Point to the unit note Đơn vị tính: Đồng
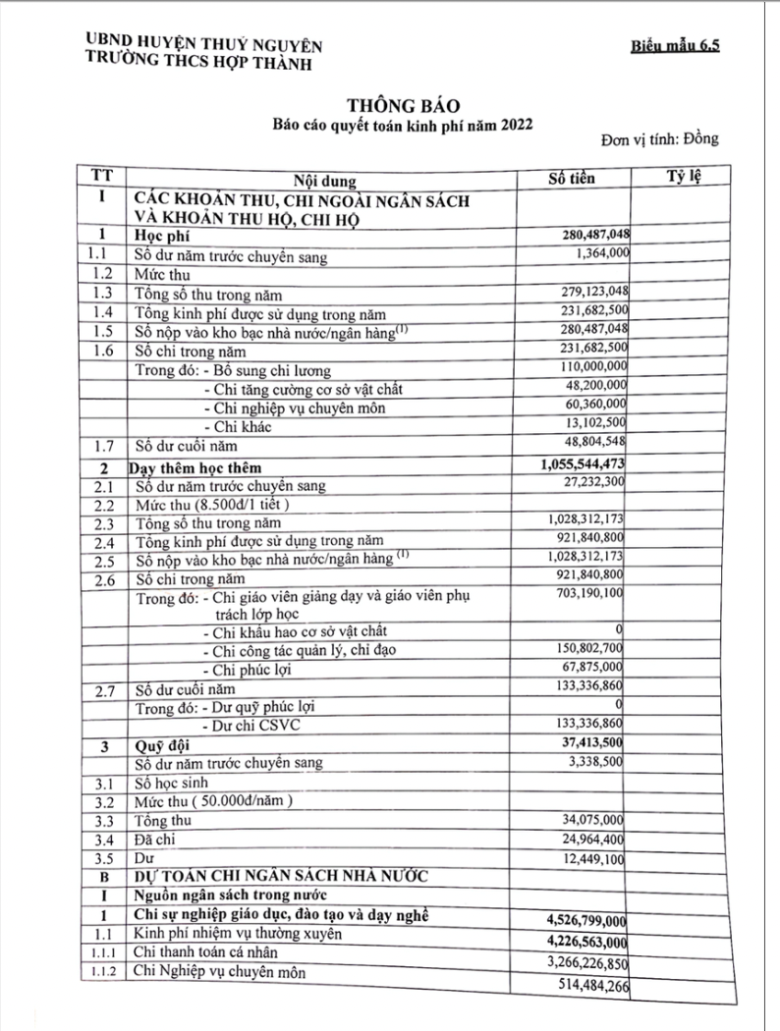tap(660, 138)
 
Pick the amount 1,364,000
tap(598, 253)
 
